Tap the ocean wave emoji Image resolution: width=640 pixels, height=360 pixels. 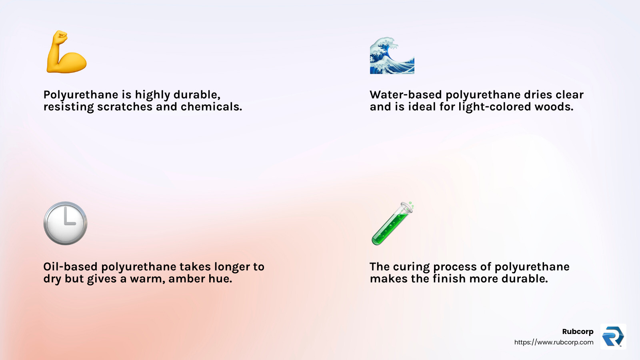[392, 56]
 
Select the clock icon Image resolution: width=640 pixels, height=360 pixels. [65, 223]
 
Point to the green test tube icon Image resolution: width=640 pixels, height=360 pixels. [392, 224]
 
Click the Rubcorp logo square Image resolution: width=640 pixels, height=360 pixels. [613, 336]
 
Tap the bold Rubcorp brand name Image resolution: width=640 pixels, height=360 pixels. [578, 332]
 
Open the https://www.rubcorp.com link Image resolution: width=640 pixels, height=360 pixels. [554, 342]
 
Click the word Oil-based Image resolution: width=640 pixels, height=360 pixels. [70, 267]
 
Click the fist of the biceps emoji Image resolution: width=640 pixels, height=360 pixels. [60, 38]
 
